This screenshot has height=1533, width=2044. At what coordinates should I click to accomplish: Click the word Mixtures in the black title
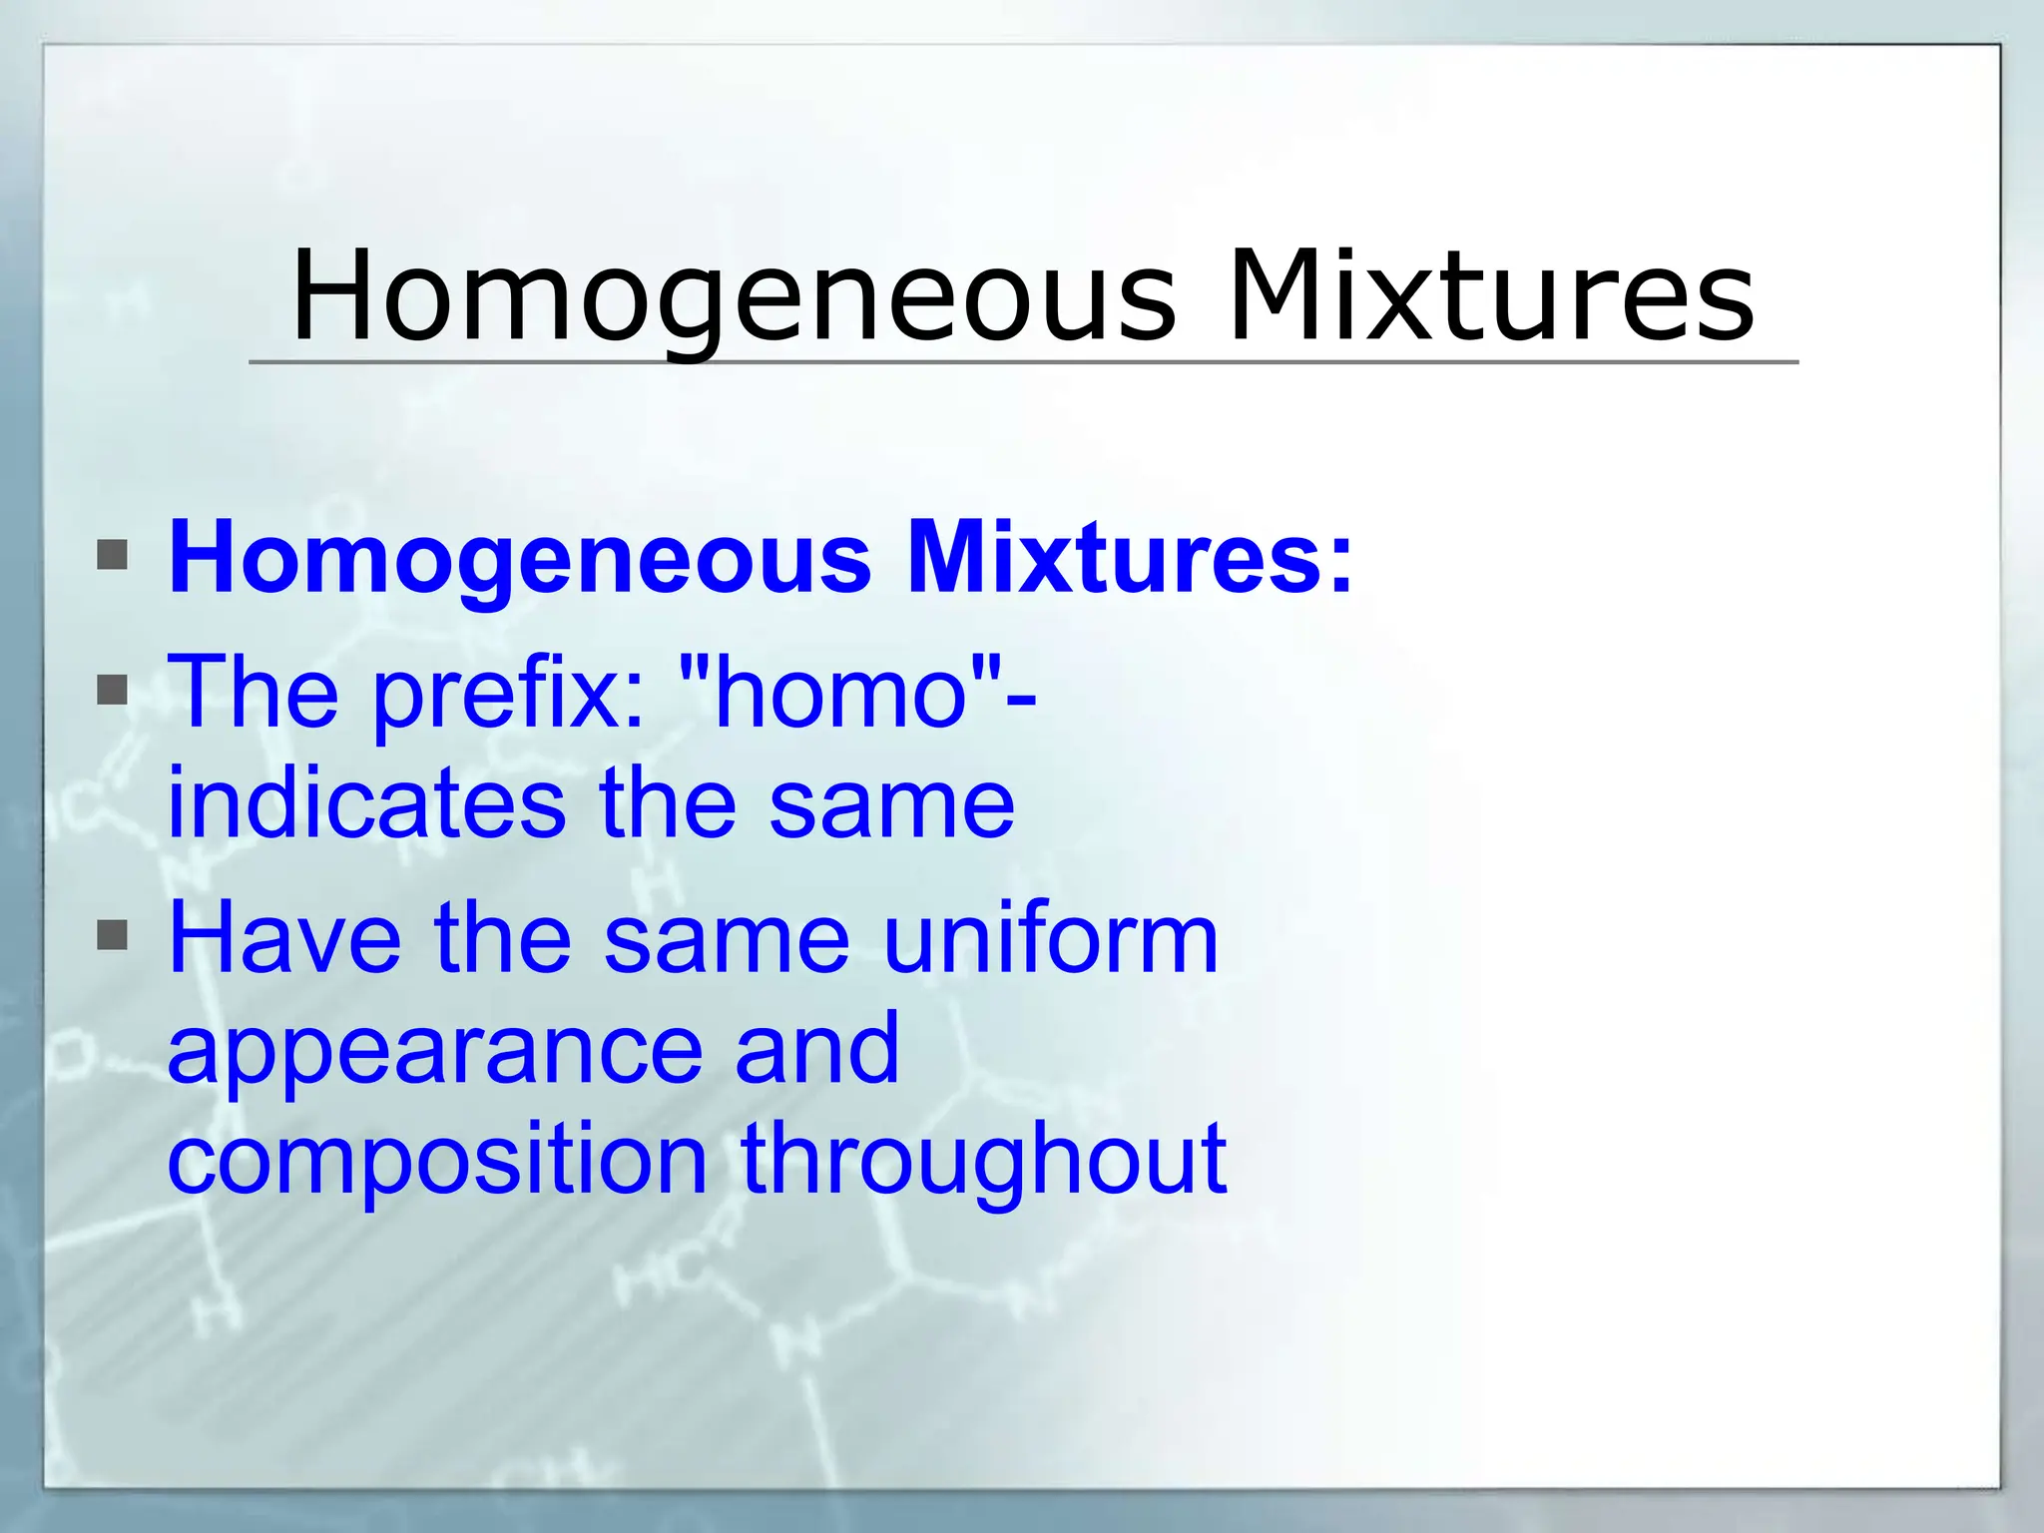tap(1490, 297)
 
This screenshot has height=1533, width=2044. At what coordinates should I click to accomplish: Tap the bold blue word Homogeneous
tap(519, 559)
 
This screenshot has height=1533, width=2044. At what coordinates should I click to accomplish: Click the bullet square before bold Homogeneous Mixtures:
tap(113, 555)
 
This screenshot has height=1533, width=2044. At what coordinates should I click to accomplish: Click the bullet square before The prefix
tap(113, 690)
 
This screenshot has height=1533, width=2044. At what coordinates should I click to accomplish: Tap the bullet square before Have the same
tap(113, 936)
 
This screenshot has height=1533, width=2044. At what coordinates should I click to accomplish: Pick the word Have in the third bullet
tap(284, 938)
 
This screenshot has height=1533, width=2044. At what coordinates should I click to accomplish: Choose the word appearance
tap(434, 1053)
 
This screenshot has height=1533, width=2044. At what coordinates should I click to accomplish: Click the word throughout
tap(983, 1160)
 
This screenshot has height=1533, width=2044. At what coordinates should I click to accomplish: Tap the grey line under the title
tap(1023, 362)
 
